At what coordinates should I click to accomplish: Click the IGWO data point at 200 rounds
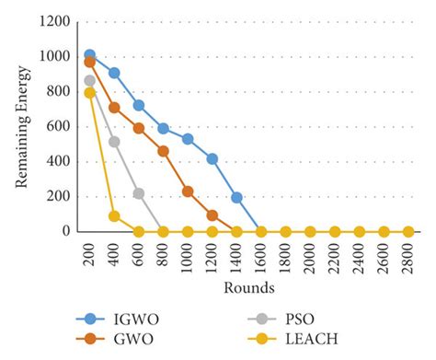[89, 55]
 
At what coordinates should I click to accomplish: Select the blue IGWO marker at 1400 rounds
[236, 197]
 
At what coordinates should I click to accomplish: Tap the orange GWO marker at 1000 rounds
[188, 192]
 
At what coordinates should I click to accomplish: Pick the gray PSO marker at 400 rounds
[114, 142]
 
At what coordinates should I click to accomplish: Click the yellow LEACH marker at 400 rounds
[114, 216]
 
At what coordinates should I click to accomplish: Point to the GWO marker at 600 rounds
[139, 128]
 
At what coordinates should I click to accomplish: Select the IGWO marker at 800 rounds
[163, 128]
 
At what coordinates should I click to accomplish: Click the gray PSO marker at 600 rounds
[139, 193]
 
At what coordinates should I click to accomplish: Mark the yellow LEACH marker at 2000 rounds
[310, 232]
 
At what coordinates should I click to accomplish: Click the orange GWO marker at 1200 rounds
[212, 215]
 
